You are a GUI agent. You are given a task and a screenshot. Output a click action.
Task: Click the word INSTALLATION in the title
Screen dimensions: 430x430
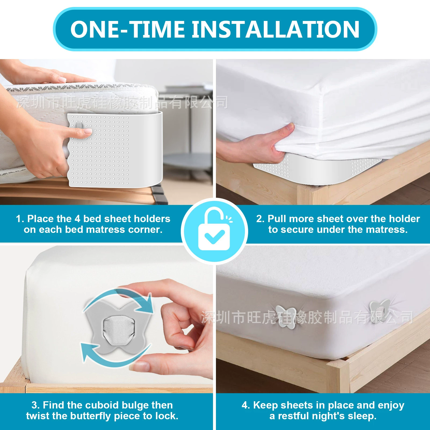click(276, 29)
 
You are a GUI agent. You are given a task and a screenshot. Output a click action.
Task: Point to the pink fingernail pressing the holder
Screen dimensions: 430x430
click(88, 131)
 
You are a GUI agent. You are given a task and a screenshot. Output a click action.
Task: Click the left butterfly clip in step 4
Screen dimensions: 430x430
click(286, 317)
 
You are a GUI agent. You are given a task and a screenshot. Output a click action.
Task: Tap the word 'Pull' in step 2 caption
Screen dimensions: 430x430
click(277, 219)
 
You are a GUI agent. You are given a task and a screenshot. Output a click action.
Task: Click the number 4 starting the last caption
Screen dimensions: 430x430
click(245, 405)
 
